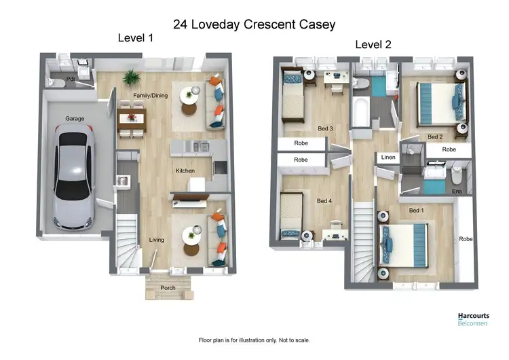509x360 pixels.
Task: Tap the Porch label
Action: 168,288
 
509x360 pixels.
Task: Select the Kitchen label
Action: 185,170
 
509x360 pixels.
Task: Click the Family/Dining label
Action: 151,96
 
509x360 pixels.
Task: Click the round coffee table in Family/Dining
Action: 189,97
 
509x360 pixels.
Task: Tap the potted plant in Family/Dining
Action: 130,77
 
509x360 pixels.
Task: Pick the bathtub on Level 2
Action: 360,111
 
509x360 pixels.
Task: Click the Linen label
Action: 388,158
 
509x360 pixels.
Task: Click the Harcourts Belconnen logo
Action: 472,319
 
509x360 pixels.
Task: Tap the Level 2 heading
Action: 374,46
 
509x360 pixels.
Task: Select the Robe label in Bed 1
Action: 466,239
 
